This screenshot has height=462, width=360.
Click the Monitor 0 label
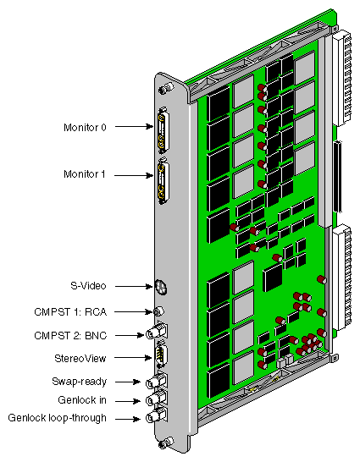[85, 128]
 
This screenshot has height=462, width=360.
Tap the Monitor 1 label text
[85, 174]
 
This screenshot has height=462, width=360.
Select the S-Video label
[88, 286]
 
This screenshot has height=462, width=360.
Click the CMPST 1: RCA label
[70, 311]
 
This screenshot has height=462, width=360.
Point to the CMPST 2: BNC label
[70, 336]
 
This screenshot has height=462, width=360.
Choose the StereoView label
[80, 359]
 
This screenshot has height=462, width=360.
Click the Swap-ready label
[79, 382]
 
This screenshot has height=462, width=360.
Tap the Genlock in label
[82, 400]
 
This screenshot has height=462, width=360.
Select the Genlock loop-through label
[58, 418]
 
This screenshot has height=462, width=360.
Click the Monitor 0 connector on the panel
[162, 130]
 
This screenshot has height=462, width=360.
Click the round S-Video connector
[161, 287]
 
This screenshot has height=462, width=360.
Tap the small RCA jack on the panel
[158, 311]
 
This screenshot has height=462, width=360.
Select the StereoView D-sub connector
[161, 354]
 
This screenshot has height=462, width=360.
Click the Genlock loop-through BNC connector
[156, 416]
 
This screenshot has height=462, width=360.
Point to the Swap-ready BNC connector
[156, 382]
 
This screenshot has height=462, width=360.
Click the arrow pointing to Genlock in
[128, 401]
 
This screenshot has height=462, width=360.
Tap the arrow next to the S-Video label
[134, 286]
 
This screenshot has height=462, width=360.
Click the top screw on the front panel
[166, 89]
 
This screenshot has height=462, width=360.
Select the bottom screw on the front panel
[166, 443]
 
